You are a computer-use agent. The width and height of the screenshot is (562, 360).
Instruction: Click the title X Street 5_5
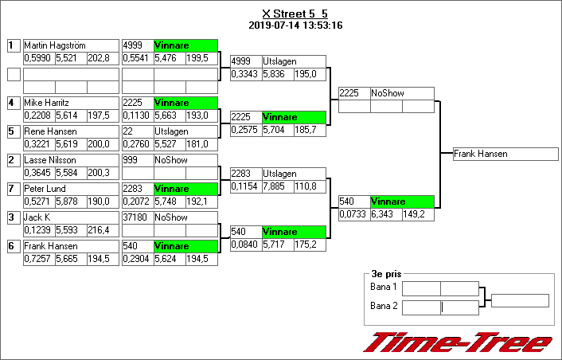click(295, 14)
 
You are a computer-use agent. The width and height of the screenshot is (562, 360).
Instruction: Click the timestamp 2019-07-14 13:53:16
click(295, 25)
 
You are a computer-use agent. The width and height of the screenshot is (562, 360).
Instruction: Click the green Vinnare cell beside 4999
click(185, 45)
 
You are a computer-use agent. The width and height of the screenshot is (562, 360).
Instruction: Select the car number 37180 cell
click(137, 217)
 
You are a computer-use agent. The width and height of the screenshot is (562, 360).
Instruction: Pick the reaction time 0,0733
click(353, 214)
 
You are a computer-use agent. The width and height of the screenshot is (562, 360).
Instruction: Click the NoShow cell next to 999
click(185, 160)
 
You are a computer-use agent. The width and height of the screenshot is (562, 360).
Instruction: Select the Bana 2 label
click(384, 306)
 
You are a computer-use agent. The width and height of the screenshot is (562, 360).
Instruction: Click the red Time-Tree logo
click(458, 342)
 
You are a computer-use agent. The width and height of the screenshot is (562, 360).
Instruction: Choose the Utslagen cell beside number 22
click(185, 131)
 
